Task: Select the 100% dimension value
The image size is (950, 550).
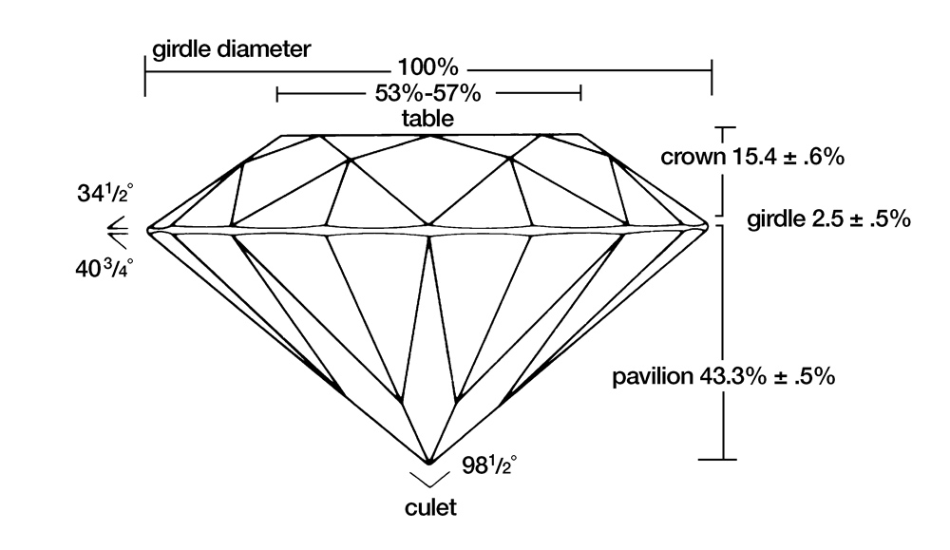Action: [428, 69]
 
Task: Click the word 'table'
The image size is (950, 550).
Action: [427, 119]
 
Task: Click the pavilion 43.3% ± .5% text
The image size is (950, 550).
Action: [724, 376]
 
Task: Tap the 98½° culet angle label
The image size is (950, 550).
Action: [487, 466]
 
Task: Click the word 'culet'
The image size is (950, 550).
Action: [430, 507]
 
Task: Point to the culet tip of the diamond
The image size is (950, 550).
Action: [429, 463]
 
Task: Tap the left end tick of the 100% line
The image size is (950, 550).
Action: [145, 74]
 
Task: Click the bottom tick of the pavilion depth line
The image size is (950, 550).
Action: [725, 460]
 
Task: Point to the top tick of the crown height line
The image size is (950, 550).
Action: [725, 126]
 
